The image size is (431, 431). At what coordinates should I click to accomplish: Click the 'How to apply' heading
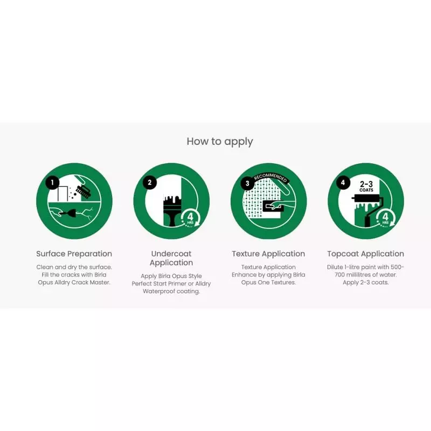tap(220, 142)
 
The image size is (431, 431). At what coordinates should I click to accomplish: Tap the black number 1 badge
tap(52, 183)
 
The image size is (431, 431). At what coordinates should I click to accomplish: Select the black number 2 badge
tap(150, 183)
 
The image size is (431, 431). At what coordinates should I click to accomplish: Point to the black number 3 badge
tap(247, 183)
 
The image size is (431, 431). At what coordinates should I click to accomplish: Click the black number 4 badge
tap(343, 183)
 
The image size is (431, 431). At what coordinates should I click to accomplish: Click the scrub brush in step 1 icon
tap(84, 191)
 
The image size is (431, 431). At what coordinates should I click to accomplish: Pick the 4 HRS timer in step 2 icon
tap(191, 218)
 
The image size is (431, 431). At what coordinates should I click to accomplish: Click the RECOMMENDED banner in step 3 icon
tap(271, 178)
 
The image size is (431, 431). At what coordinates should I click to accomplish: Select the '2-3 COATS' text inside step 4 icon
tap(366, 186)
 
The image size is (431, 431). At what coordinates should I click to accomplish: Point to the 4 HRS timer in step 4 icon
tap(385, 218)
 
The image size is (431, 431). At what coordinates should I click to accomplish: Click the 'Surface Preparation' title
tap(74, 254)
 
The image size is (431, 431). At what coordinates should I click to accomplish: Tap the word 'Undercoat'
tap(171, 253)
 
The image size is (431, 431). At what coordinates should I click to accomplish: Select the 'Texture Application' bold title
tap(268, 254)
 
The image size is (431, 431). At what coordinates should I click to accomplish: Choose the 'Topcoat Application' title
tap(366, 254)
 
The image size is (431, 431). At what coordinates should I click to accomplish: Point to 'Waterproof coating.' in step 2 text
tap(171, 291)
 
